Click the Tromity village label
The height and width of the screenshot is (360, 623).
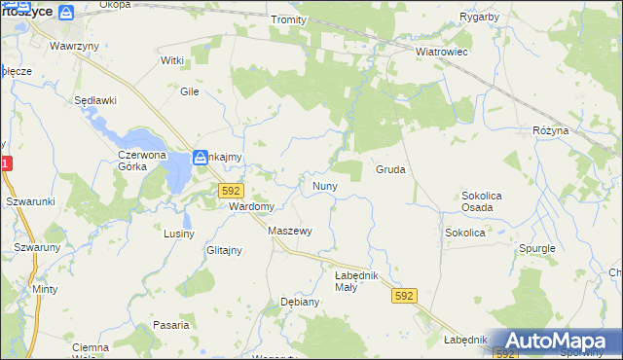click(x=289, y=19)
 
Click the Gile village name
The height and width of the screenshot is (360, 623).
click(x=189, y=90)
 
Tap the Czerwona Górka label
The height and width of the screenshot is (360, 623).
click(x=145, y=161)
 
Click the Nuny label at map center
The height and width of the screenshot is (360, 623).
click(x=324, y=185)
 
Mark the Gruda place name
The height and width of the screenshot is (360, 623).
click(x=390, y=169)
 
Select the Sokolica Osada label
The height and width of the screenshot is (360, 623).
click(x=482, y=201)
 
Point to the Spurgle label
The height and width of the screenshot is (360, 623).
click(x=536, y=248)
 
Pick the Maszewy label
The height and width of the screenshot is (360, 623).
click(x=289, y=231)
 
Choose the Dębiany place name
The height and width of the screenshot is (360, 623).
click(x=300, y=302)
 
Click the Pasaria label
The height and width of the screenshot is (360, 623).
click(x=170, y=325)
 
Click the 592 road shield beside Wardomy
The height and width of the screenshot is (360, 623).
click(x=231, y=191)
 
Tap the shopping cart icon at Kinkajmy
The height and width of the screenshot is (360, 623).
click(x=200, y=156)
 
